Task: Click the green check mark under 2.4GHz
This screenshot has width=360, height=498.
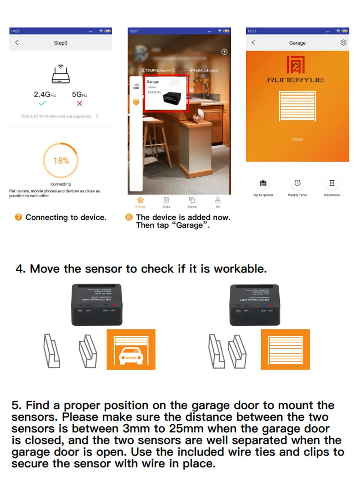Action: pos(42,103)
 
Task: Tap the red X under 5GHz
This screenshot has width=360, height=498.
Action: pos(80,103)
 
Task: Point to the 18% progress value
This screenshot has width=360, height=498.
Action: pos(61,160)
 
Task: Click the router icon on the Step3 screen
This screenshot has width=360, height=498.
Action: pos(60,74)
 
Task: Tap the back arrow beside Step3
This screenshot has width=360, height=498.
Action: pos(17,42)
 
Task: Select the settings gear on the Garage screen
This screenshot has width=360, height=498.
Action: pos(343,42)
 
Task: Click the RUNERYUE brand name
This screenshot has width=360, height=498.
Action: pos(296,80)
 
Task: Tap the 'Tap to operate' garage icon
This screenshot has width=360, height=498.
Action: pos(263,183)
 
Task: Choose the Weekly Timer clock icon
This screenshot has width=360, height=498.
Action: pos(297,183)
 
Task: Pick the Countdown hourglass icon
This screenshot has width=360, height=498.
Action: pos(332,183)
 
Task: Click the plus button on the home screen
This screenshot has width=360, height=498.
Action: pos(224,51)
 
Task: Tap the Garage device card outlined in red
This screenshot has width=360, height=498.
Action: pos(166,93)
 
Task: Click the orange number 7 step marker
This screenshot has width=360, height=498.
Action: pos(18,217)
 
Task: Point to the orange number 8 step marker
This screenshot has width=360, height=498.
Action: pos(129,217)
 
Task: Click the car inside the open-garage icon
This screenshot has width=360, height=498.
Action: pos(131,355)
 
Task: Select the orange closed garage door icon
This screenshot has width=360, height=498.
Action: pos(285,349)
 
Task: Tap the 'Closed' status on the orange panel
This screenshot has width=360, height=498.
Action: pos(297,139)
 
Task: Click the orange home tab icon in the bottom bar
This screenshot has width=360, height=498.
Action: pos(140,200)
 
